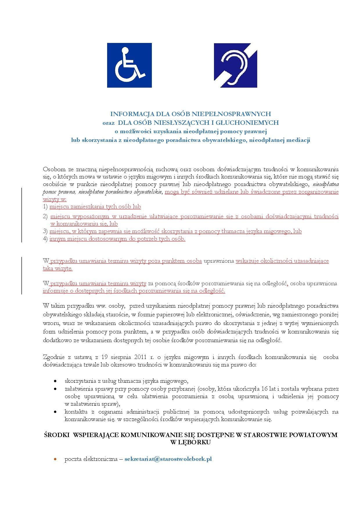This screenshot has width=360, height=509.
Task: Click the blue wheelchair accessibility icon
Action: pyautogui.click(x=129, y=65)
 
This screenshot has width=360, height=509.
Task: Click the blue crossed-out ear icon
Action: pyautogui.click(x=235, y=65)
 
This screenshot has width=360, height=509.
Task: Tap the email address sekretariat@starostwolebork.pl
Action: pyautogui.click(x=168, y=459)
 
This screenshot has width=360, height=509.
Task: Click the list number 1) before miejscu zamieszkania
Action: pyautogui.click(x=45, y=207)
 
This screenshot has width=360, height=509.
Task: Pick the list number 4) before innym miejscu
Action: pyautogui.click(x=45, y=239)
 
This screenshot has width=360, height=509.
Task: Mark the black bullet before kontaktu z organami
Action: pyautogui.click(x=55, y=411)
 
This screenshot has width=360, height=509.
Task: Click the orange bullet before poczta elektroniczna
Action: pyautogui.click(x=55, y=459)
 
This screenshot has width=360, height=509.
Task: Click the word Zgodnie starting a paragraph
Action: pyautogui.click(x=53, y=357)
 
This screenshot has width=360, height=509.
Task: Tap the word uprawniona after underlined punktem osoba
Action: pyautogui.click(x=219, y=261)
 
